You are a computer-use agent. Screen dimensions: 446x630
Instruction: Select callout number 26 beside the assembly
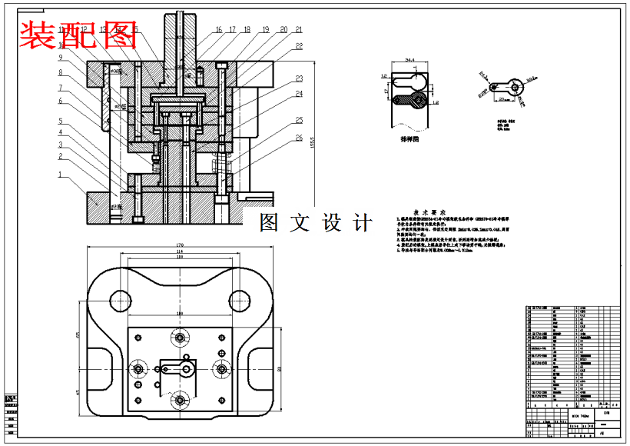(x=299, y=139)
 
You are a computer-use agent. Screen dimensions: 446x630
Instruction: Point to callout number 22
(x=299, y=46)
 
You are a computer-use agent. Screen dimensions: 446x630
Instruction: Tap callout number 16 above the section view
(x=218, y=30)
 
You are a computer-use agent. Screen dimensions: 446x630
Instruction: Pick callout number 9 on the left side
(x=59, y=58)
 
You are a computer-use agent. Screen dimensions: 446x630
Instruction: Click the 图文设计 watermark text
(x=316, y=223)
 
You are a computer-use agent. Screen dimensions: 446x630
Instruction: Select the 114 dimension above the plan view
(x=180, y=252)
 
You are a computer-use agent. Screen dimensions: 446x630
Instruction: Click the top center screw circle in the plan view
(x=181, y=337)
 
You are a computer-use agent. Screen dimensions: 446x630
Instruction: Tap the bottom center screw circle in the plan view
(x=181, y=400)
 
